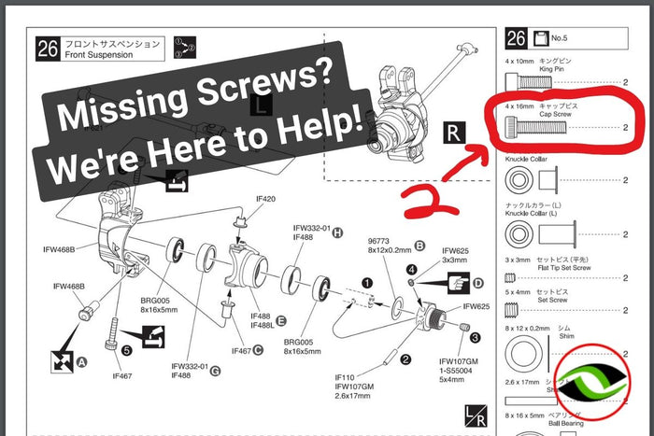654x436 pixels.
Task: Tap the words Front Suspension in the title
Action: point(106,55)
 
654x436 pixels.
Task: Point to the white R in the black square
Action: point(452,132)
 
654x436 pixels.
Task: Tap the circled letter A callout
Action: point(80,360)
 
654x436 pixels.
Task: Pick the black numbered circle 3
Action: point(476,337)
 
